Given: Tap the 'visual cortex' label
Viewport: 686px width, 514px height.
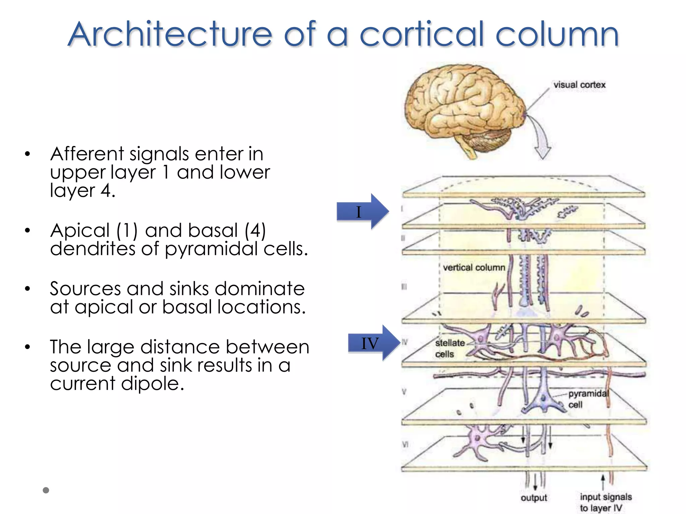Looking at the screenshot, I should (x=579, y=85).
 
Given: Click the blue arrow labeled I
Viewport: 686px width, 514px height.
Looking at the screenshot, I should (x=363, y=211).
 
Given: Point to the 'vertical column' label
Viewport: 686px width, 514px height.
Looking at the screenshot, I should (x=474, y=268).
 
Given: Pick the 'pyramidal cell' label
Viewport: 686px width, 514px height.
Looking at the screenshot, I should (x=588, y=399).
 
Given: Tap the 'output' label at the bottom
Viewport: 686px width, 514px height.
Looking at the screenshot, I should (x=534, y=498).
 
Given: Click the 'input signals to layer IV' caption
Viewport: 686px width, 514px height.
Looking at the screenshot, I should (x=605, y=502).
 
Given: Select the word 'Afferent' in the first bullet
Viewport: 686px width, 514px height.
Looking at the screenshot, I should (x=87, y=154).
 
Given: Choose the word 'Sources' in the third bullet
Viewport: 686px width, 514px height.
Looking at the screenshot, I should (x=85, y=289).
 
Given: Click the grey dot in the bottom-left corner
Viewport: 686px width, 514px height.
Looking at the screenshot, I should (x=46, y=490).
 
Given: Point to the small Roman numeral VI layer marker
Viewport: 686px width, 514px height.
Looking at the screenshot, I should (x=405, y=444).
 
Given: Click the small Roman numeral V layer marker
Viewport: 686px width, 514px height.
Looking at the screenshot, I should (x=404, y=392).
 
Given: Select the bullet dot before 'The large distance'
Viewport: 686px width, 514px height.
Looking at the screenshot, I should (x=27, y=347).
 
